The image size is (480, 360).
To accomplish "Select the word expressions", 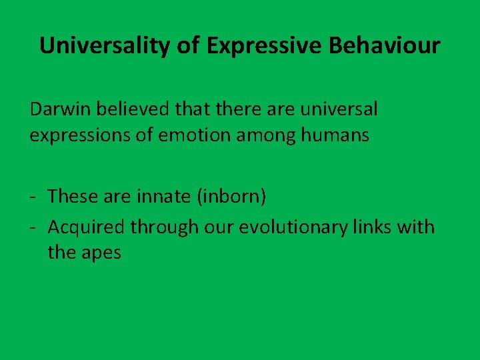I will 76,135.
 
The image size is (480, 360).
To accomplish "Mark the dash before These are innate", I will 33,197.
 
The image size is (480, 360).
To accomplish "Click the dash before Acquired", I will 33,227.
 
